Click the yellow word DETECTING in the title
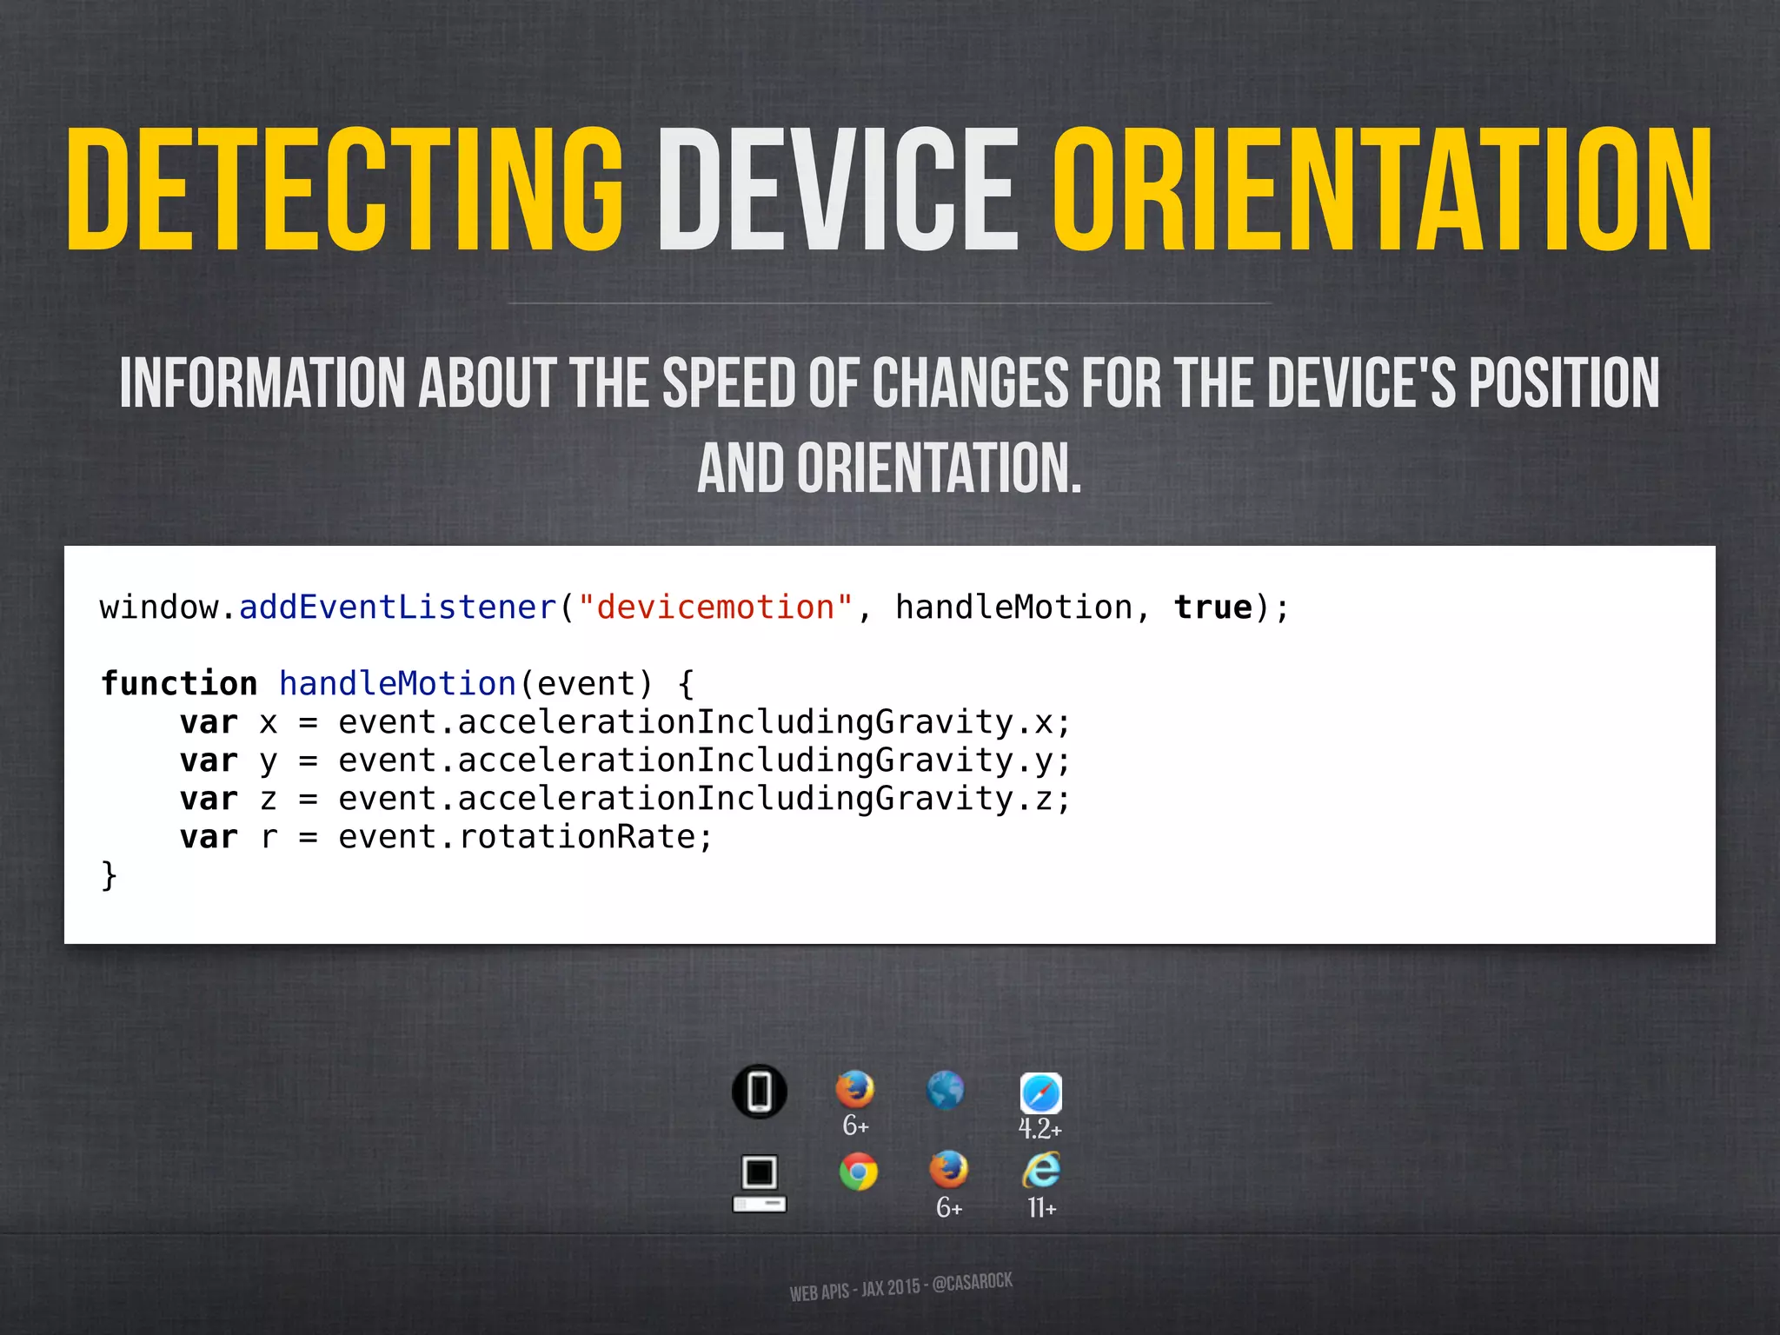point(345,189)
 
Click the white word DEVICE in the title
point(837,189)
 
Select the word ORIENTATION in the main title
point(1382,189)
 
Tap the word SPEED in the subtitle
point(728,382)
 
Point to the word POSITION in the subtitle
point(1564,382)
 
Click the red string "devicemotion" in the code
point(716,608)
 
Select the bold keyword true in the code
point(1213,608)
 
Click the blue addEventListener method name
point(397,608)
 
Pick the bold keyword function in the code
point(179,684)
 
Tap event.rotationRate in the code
point(525,837)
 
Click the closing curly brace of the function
point(109,874)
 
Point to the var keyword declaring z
point(209,799)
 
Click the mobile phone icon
point(760,1092)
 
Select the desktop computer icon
point(760,1183)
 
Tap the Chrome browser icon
point(858,1172)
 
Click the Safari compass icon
point(1040,1093)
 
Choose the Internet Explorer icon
point(1041,1170)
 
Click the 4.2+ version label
point(1040,1129)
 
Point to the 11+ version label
point(1041,1208)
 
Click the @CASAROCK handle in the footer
point(972,1283)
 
